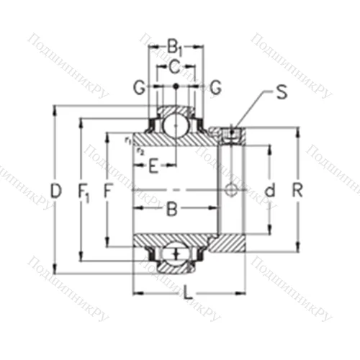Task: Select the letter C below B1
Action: click(174, 68)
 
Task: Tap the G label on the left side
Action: click(137, 88)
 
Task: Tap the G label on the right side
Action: click(215, 88)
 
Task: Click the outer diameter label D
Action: click(56, 190)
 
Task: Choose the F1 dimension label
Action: click(83, 191)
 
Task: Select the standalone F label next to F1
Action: click(109, 191)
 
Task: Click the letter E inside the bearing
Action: click(153, 169)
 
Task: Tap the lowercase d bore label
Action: click(270, 191)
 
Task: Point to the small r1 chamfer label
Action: click(127, 140)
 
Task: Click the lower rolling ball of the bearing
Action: click(174, 253)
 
